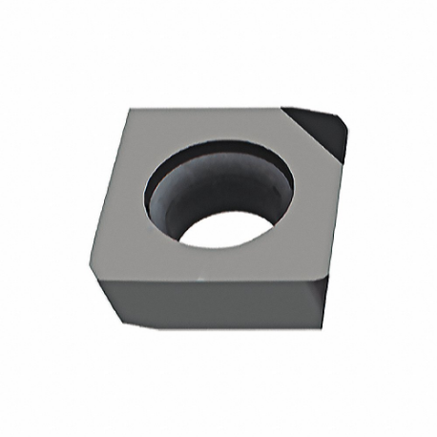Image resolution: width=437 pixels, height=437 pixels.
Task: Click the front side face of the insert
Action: (210, 302)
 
